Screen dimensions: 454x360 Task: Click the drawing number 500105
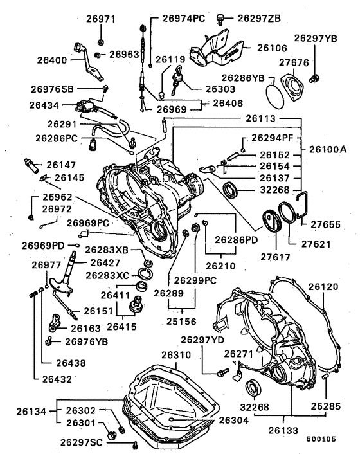coord(328,439)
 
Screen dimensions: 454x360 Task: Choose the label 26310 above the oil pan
coord(176,354)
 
